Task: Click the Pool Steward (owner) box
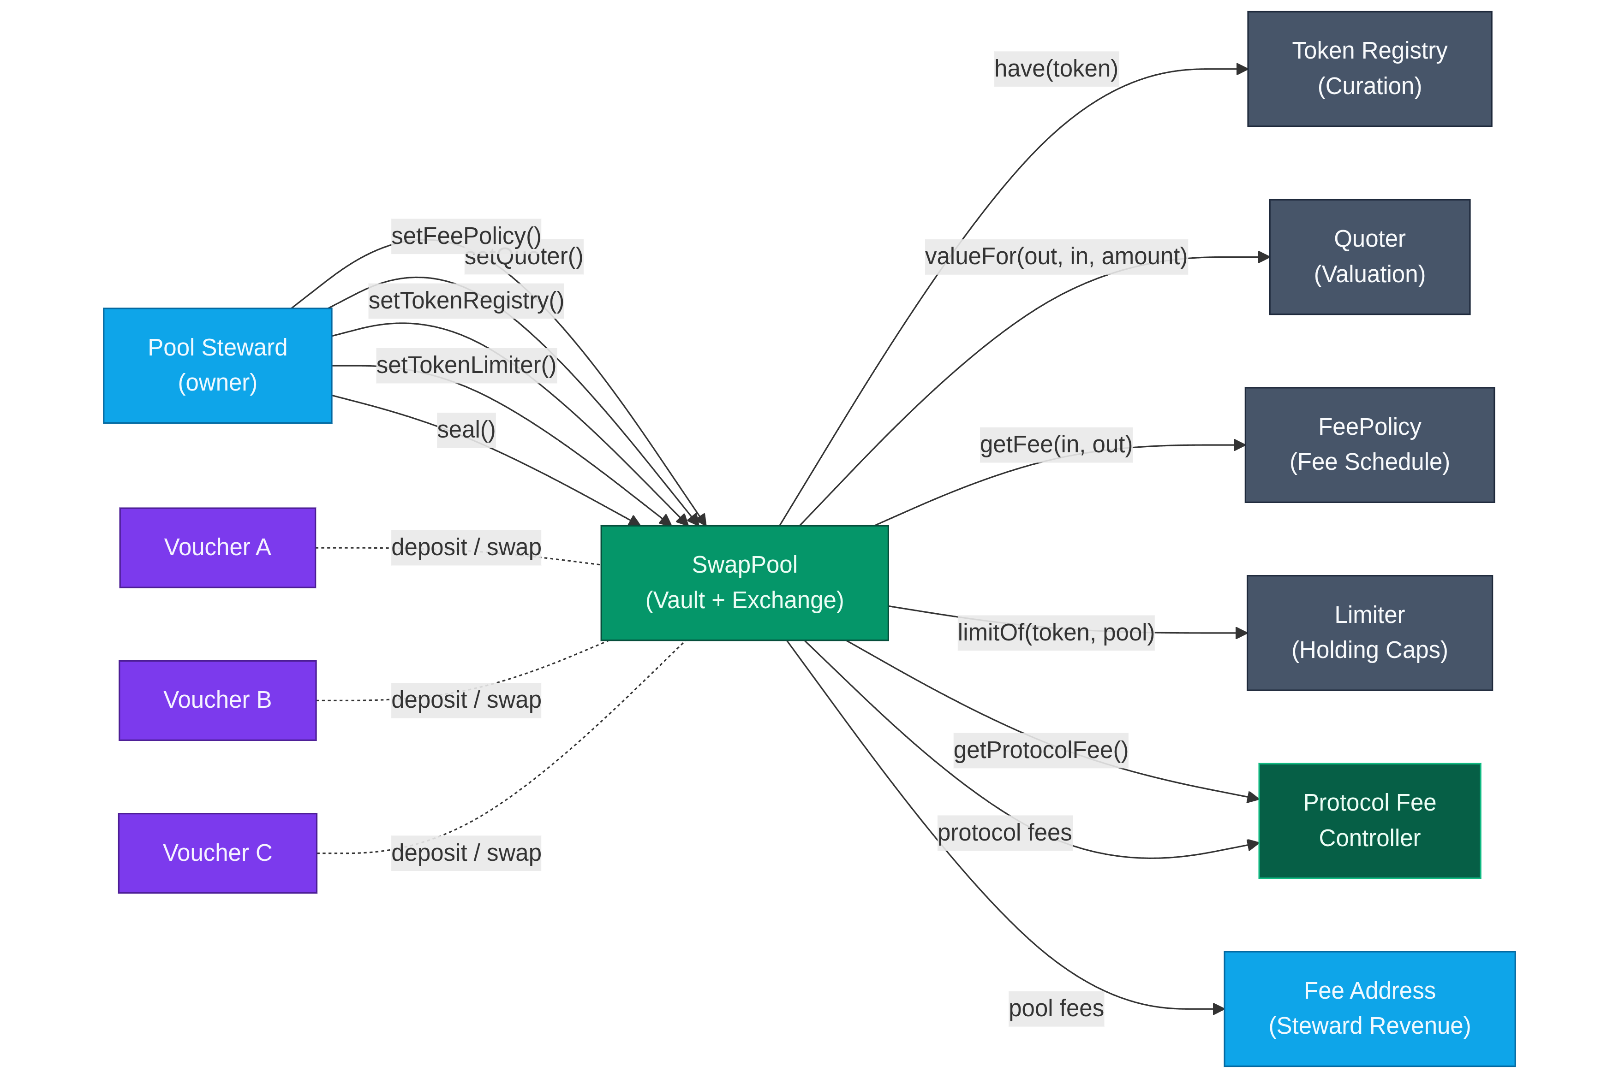tap(217, 365)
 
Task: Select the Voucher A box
tap(217, 547)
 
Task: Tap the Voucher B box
tap(217, 700)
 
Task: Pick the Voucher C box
tap(217, 853)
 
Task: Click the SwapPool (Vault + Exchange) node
tap(744, 582)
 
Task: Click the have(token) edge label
tap(1056, 69)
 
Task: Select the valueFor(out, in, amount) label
tap(1056, 256)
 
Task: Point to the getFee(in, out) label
tap(1056, 445)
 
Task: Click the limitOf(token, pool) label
tap(1056, 633)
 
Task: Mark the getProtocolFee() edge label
tap(1040, 750)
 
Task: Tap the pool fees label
tap(1056, 1008)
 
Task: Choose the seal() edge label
tap(466, 430)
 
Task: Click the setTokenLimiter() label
tap(466, 365)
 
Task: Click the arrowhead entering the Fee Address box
tap(1218, 1008)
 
